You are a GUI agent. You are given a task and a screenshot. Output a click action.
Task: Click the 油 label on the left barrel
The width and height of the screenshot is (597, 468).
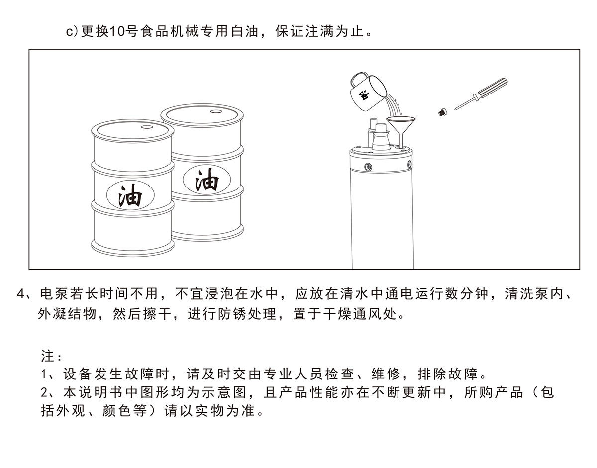[x=130, y=195]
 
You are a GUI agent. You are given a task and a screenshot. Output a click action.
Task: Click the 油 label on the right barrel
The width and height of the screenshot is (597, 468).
[x=206, y=180]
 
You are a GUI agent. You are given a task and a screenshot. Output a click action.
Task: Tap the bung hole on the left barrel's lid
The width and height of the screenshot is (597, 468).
[x=147, y=127]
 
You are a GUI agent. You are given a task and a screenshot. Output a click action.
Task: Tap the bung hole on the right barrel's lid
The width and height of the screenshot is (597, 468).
[x=216, y=111]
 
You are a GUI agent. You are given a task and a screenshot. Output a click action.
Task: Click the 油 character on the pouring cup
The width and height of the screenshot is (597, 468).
[x=364, y=95]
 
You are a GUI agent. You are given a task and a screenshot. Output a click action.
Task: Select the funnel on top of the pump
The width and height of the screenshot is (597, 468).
[x=401, y=129]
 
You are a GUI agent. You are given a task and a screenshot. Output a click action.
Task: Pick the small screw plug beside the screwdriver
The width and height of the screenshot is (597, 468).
[x=442, y=112]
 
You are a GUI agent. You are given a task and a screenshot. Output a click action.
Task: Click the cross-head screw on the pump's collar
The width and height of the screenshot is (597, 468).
[x=368, y=166]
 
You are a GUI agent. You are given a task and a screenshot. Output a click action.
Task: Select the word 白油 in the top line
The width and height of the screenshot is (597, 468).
[x=245, y=31]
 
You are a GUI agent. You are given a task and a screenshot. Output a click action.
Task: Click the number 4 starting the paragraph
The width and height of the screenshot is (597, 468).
[x=21, y=294]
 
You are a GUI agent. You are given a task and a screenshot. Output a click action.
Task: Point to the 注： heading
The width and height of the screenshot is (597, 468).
[x=52, y=356]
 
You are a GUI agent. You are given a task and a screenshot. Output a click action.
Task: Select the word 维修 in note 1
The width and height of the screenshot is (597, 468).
[x=386, y=374]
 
